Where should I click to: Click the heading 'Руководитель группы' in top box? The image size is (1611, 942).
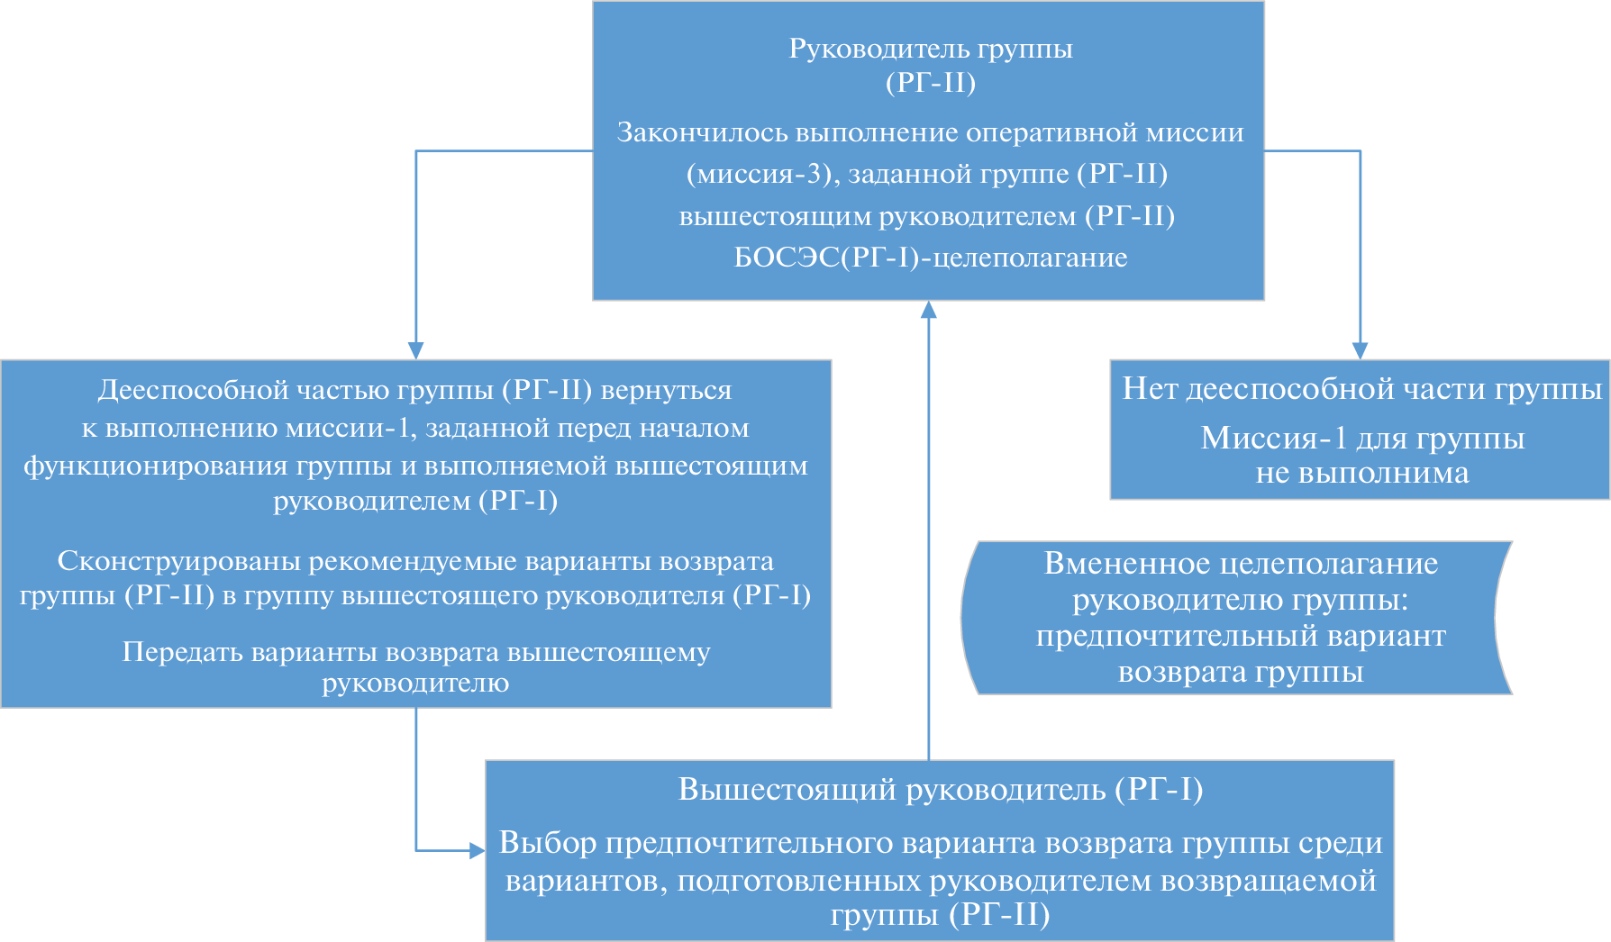tap(931, 49)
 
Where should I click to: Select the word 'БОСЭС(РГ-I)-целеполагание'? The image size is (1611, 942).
tap(931, 258)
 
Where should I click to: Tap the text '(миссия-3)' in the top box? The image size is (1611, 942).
tap(762, 174)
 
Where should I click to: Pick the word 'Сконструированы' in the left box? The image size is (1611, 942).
tap(179, 561)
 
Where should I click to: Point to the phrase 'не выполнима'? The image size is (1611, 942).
tap(1362, 473)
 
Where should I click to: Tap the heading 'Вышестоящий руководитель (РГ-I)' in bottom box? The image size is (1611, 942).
tap(941, 790)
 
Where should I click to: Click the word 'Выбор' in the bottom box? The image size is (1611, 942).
tap(547, 843)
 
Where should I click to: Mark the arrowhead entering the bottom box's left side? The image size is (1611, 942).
tap(478, 850)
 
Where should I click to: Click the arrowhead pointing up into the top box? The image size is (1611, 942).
tap(928, 310)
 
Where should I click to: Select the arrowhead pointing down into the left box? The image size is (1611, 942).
tap(415, 350)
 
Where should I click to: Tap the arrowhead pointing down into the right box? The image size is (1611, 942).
tap(1360, 350)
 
